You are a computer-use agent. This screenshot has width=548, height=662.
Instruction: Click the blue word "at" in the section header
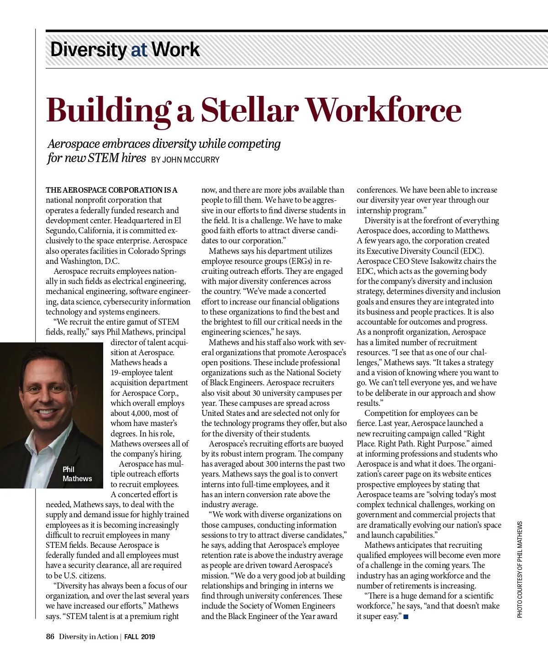[138, 50]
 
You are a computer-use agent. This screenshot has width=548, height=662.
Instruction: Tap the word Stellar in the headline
[249, 110]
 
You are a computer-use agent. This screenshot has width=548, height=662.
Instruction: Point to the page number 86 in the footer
[50, 636]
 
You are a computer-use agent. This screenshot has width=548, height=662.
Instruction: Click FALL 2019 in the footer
[140, 637]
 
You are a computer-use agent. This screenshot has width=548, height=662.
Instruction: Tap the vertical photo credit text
[520, 569]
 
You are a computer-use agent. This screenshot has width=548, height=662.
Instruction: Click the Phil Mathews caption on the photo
[77, 474]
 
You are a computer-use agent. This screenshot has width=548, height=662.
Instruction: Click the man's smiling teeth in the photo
[46, 412]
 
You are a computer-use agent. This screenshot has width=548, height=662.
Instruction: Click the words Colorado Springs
[157, 251]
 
